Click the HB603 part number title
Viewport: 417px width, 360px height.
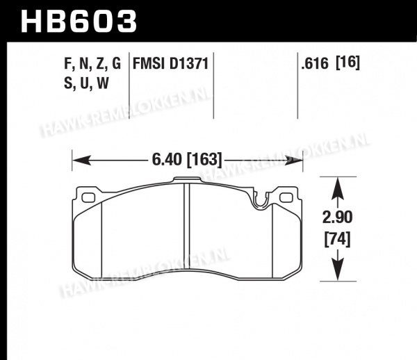79,22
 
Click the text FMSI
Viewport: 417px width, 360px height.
149,64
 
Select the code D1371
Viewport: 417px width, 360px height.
188,64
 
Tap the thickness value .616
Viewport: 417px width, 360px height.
315,64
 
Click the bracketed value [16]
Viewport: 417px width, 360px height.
348,63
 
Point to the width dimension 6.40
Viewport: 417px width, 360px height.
167,160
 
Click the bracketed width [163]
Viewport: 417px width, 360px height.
204,160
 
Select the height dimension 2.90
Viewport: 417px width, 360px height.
337,218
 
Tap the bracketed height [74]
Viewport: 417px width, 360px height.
337,239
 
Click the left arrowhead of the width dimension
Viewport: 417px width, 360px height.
81,161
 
